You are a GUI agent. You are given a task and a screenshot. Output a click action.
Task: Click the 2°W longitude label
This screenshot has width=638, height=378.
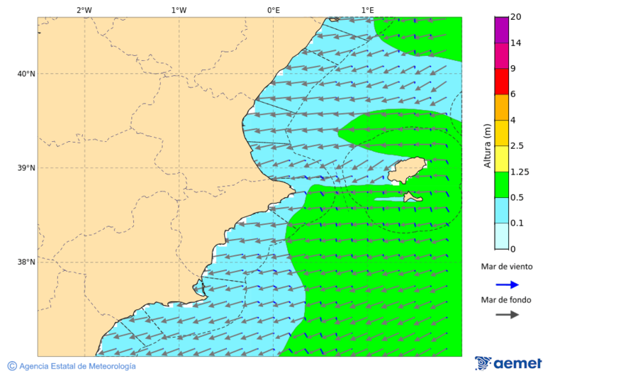click(84, 10)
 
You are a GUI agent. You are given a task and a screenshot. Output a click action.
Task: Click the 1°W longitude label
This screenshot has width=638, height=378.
click(179, 10)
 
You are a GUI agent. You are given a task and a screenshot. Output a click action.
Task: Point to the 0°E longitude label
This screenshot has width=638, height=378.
click(273, 10)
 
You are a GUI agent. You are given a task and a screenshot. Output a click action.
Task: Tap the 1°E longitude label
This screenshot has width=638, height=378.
click(367, 10)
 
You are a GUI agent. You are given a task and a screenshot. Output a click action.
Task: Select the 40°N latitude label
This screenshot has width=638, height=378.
click(26, 74)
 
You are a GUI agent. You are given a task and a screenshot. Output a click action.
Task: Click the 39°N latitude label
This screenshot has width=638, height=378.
click(26, 168)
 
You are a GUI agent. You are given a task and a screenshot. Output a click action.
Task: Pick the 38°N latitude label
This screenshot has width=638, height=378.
click(26, 262)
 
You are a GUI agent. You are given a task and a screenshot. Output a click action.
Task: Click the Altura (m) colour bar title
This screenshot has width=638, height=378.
click(487, 145)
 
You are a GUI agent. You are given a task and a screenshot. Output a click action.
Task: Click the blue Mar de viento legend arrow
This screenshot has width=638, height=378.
click(507, 284)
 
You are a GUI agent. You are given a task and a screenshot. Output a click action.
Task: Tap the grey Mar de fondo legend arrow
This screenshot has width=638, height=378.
click(507, 315)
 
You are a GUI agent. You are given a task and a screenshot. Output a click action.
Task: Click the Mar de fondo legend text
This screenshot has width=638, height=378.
click(506, 300)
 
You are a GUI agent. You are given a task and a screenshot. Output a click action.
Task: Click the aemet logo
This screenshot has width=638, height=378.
click(508, 363)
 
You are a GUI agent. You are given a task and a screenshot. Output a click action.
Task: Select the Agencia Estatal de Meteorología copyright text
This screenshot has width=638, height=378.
click(72, 366)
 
